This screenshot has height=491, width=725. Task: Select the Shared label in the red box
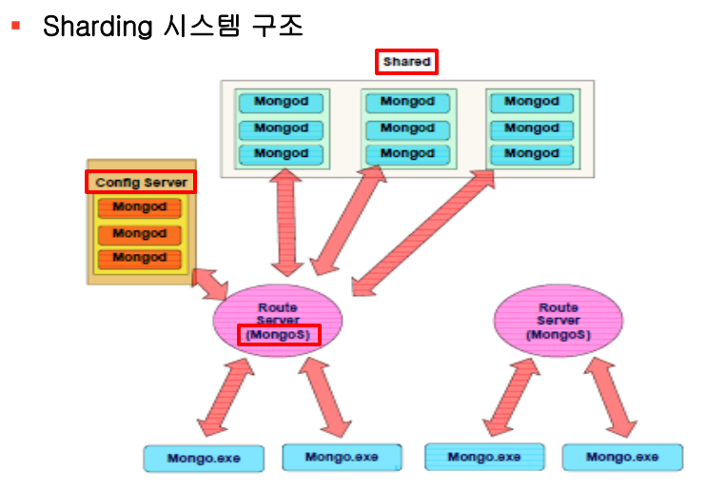click(x=406, y=63)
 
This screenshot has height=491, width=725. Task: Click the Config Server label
click(x=141, y=182)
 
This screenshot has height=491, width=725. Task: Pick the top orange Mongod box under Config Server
click(x=139, y=207)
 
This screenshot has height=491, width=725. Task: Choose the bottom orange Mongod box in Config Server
click(x=139, y=258)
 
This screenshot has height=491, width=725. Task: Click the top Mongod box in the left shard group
click(x=282, y=102)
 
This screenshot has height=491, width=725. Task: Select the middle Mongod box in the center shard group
click(x=407, y=128)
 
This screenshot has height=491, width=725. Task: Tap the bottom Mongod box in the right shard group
click(x=532, y=153)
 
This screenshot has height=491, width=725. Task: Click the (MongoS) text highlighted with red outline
click(x=278, y=335)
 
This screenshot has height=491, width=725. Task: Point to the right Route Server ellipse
click(x=558, y=321)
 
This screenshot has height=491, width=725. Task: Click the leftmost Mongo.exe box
click(x=204, y=459)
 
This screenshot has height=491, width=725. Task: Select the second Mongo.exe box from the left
click(x=342, y=457)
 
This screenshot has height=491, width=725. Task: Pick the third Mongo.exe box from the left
click(x=484, y=457)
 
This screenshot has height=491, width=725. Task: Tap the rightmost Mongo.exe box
click(x=622, y=457)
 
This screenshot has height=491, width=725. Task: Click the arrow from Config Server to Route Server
click(x=207, y=283)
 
